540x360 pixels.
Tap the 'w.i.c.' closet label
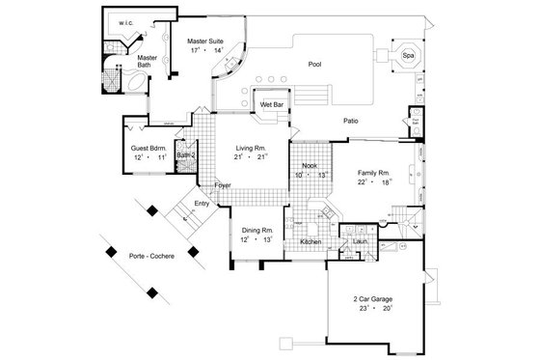point(125,21)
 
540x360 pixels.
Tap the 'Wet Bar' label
point(266,103)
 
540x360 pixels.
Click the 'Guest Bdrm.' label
point(149,148)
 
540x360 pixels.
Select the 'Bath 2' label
point(186,154)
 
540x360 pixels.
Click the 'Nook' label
point(310,166)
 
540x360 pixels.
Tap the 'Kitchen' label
point(310,240)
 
